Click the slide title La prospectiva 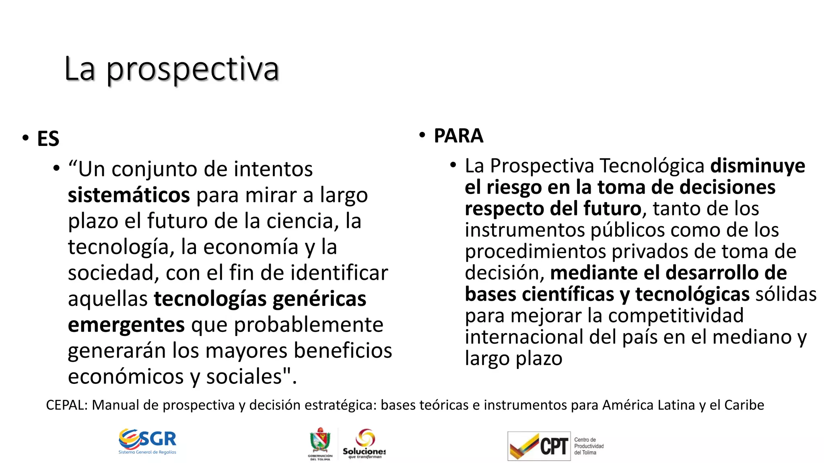[171, 69]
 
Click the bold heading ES [48, 139]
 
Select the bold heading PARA [458, 136]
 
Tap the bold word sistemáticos [129, 195]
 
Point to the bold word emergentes [126, 325]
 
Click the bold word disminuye [757, 166]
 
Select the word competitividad [676, 315]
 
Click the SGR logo [148, 441]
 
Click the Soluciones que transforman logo [365, 443]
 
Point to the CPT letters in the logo [554, 446]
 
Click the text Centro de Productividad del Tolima [589, 446]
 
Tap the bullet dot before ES [26, 138]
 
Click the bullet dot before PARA [422, 135]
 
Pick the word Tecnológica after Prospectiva [652, 166]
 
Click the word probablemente [309, 325]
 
